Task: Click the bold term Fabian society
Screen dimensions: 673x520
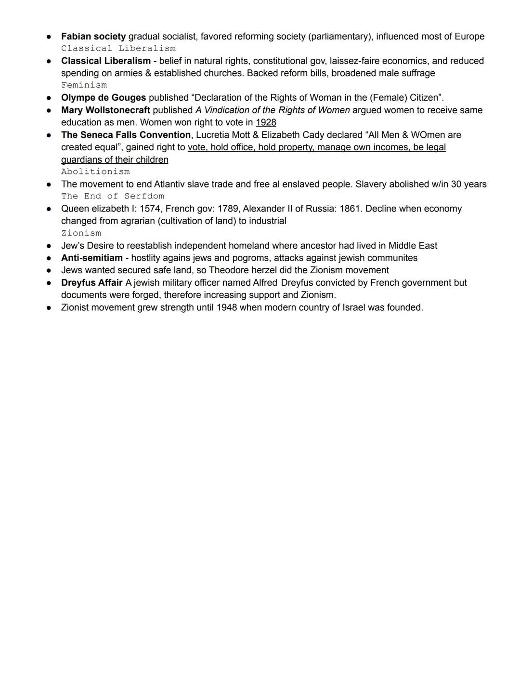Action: click(x=93, y=37)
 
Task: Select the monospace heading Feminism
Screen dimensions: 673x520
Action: click(x=84, y=85)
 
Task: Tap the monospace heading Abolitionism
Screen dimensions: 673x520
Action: click(x=95, y=172)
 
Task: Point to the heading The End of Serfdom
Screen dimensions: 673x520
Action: click(x=113, y=196)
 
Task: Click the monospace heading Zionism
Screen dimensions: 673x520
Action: click(x=81, y=233)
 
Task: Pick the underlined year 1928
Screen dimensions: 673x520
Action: click(x=266, y=122)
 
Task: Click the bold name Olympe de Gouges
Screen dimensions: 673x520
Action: click(x=104, y=98)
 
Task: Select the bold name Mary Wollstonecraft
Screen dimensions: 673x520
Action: click(x=105, y=110)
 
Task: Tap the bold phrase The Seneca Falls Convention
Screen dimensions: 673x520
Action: click(x=126, y=135)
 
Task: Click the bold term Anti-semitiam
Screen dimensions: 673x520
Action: click(x=92, y=258)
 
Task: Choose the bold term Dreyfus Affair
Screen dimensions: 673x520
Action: click(x=91, y=283)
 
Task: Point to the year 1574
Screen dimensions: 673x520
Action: click(x=150, y=209)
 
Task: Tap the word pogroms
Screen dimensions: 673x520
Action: click(x=250, y=258)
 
